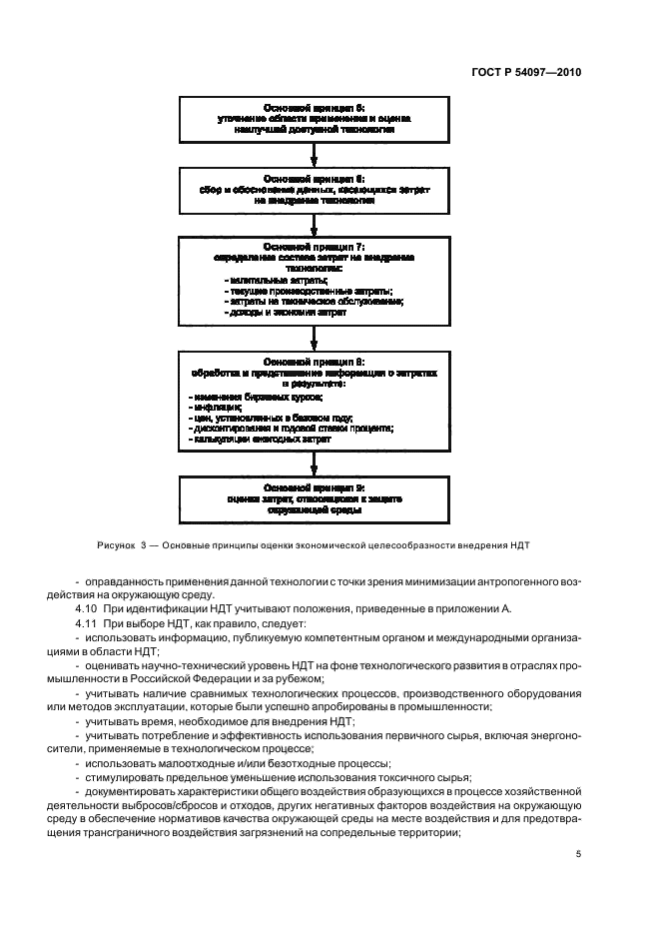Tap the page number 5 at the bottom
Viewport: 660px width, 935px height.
tap(580, 854)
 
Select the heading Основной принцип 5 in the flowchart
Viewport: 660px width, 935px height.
tap(315, 106)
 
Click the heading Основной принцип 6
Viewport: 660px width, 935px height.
tap(315, 176)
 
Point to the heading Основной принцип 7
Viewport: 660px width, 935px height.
tap(315, 246)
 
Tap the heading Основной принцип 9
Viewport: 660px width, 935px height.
tap(315, 486)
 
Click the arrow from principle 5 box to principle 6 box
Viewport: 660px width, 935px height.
tap(315, 152)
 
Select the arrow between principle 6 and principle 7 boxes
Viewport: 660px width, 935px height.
tap(315, 222)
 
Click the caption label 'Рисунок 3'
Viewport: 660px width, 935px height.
tap(122, 545)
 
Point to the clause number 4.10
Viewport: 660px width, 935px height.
tap(86, 607)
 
